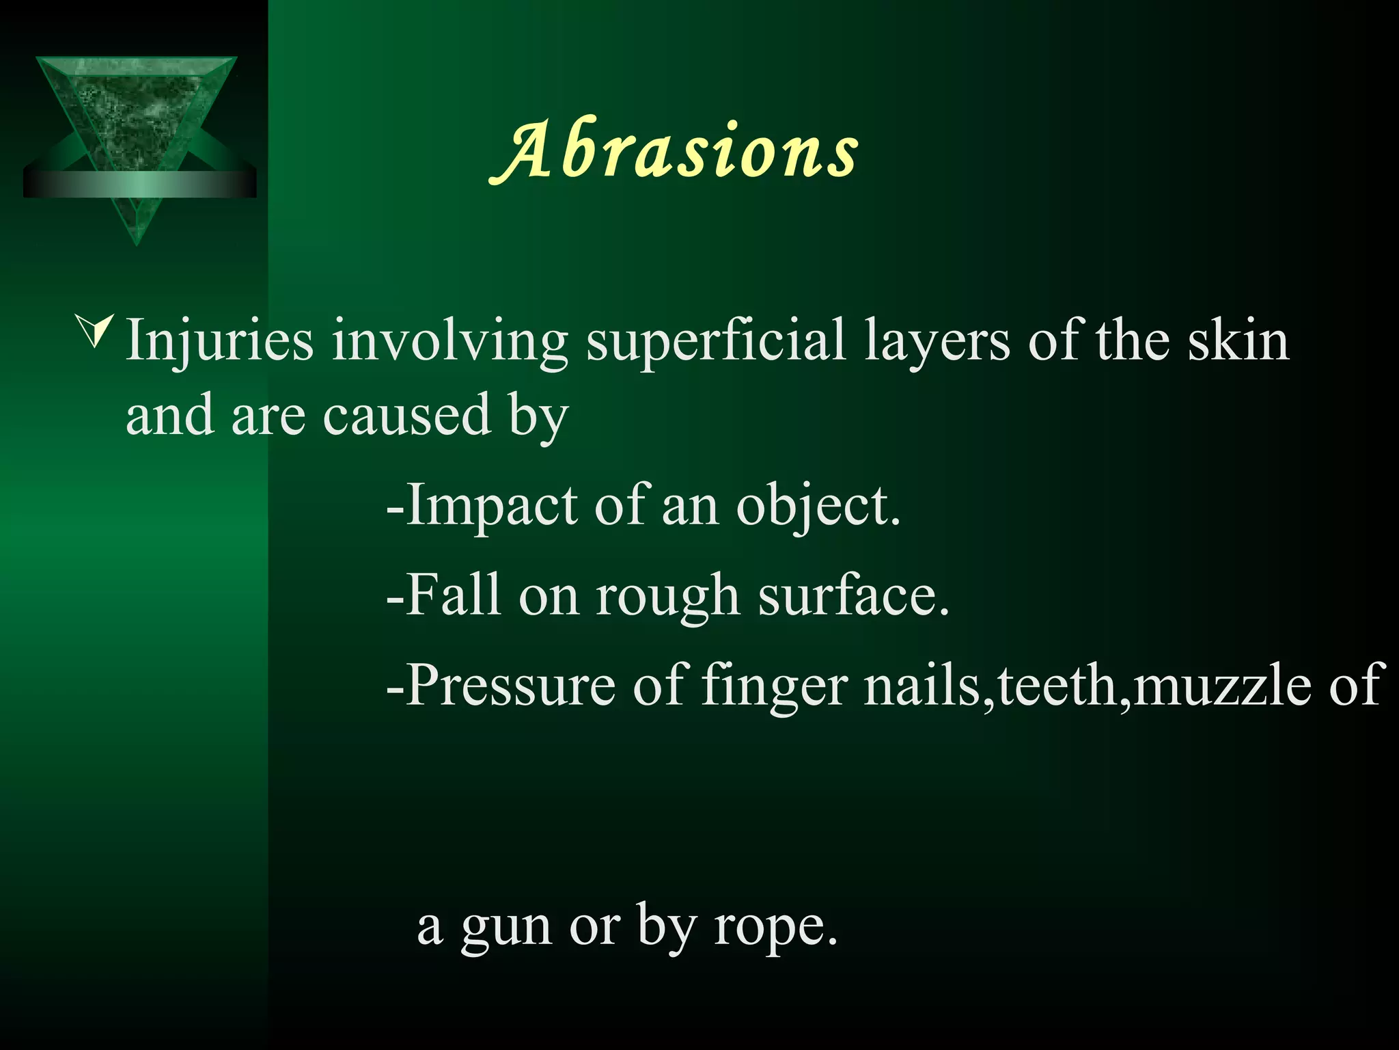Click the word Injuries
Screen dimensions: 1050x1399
219,342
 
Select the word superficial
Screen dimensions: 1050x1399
715,342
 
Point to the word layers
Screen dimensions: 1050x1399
937,342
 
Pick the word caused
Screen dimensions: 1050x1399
406,415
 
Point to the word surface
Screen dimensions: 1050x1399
853,595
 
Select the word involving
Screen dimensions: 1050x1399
450,342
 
